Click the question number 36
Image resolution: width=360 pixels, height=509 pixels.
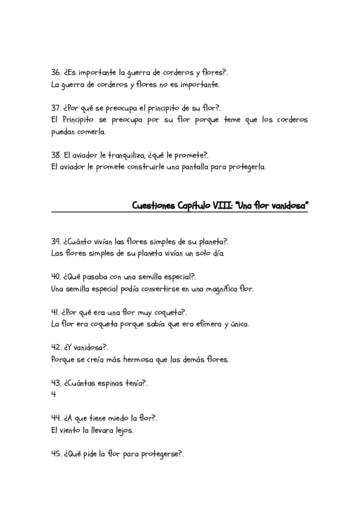pyautogui.click(x=56, y=73)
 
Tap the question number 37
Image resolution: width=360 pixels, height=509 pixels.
pyautogui.click(x=56, y=108)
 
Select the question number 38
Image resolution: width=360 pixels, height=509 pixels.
pyautogui.click(x=56, y=155)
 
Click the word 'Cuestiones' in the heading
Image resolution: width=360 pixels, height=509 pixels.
pyautogui.click(x=154, y=206)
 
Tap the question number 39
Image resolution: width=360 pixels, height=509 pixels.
pyautogui.click(x=56, y=241)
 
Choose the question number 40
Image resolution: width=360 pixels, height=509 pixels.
pyautogui.click(x=56, y=277)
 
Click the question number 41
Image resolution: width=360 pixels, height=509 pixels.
pyautogui.click(x=56, y=312)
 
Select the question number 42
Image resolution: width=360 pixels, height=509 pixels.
pyautogui.click(x=56, y=348)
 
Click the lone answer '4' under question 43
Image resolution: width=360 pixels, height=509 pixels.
pyautogui.click(x=54, y=395)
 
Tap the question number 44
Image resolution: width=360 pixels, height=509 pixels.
pyautogui.click(x=56, y=418)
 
